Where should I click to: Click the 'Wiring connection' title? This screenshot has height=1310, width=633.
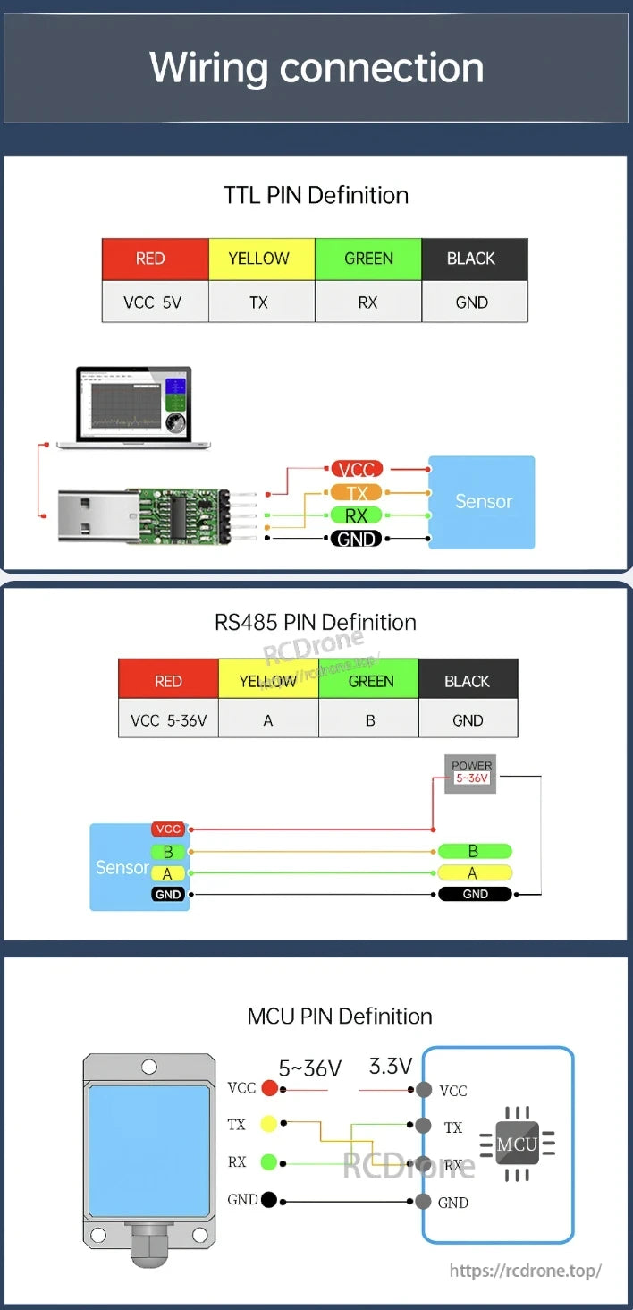[316, 68]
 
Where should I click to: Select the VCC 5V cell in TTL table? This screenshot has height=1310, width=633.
[154, 302]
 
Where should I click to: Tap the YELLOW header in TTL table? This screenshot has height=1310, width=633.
[259, 259]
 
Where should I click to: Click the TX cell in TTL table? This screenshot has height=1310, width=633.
[259, 302]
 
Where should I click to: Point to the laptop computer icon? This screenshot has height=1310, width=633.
[134, 406]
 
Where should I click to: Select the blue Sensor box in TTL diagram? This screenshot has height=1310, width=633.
[482, 502]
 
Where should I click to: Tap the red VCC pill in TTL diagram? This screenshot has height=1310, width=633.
[357, 469]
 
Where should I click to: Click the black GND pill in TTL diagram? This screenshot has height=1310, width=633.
[357, 539]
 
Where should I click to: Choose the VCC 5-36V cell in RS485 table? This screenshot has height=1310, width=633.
[168, 719]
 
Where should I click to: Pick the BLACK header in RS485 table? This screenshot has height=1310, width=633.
[467, 681]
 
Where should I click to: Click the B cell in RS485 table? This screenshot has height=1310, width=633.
[370, 719]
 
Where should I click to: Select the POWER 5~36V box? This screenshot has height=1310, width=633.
[471, 773]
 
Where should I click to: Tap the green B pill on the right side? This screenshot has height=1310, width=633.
[474, 851]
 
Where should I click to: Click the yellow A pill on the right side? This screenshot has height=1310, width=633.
[474, 872]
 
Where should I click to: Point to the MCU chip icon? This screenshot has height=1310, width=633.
[517, 1144]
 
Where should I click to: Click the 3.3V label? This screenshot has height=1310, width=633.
[391, 1066]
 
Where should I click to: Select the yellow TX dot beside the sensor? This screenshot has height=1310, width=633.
[267, 1124]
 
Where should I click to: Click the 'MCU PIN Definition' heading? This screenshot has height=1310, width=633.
[340, 1016]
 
